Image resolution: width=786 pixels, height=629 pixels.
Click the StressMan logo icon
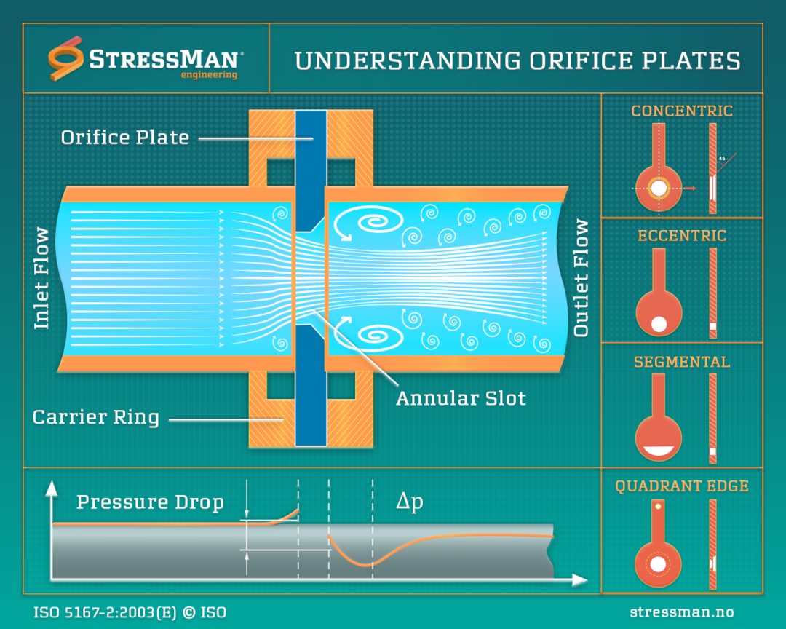coord(66,58)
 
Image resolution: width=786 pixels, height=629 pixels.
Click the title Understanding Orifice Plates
coord(517,60)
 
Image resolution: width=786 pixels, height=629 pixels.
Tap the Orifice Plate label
coord(125,138)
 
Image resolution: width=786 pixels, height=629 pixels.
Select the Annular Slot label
coord(461,398)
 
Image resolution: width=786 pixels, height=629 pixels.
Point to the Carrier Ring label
coord(96,417)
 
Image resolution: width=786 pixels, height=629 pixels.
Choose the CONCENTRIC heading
coord(682,111)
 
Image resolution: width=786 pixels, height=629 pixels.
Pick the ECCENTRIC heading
coord(682,236)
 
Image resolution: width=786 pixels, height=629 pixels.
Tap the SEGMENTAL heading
coord(682,362)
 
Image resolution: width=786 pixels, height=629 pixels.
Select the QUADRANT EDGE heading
coord(682,486)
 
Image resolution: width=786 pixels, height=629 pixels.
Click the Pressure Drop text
coord(150,502)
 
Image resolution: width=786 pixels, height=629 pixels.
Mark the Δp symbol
coord(410,502)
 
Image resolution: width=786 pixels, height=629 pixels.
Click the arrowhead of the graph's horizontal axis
coord(580,579)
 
